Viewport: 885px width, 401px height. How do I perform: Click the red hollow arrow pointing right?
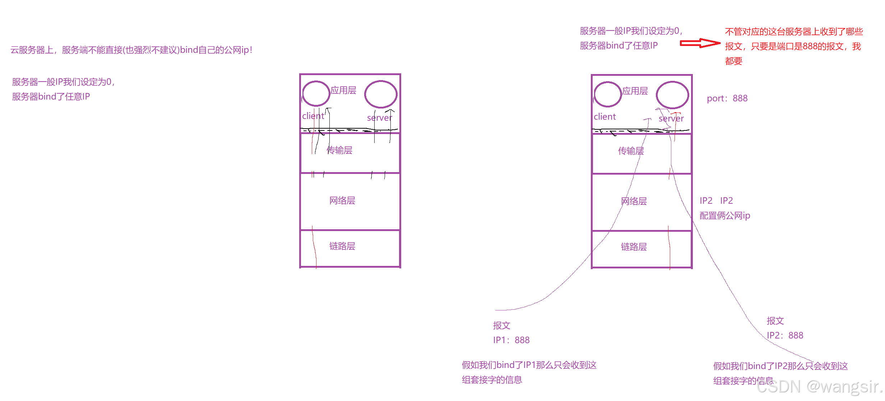pyautogui.click(x=700, y=43)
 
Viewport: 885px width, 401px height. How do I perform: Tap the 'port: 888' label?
pyautogui.click(x=727, y=98)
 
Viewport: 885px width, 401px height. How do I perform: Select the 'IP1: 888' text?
pyautogui.click(x=511, y=340)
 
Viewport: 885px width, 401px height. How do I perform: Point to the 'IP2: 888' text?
pyautogui.click(x=785, y=336)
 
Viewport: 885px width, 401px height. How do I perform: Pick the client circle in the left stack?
pyautogui.click(x=316, y=94)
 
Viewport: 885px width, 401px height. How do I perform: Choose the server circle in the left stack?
pyautogui.click(x=381, y=94)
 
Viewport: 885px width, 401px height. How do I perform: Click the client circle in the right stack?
pyautogui.click(x=608, y=95)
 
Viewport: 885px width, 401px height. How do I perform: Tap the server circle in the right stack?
pyautogui.click(x=672, y=95)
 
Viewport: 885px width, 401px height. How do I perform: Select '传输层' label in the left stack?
pyautogui.click(x=339, y=150)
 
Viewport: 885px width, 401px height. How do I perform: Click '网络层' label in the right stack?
pyautogui.click(x=634, y=201)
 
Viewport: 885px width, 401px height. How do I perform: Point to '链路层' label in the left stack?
pyautogui.click(x=342, y=246)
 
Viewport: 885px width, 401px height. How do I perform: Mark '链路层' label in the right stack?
pyautogui.click(x=634, y=247)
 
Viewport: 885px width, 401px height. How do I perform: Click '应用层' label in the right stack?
pyautogui.click(x=635, y=91)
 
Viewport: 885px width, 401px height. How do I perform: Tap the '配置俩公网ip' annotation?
pyautogui.click(x=725, y=216)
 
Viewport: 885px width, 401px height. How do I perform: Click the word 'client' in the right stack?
pyautogui.click(x=604, y=117)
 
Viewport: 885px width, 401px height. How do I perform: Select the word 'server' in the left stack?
pyautogui.click(x=379, y=118)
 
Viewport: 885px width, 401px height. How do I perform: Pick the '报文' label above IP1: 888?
pyautogui.click(x=501, y=326)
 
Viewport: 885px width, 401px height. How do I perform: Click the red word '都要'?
pyautogui.click(x=733, y=61)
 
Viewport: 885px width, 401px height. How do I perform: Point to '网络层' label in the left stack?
pyautogui.click(x=342, y=200)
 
